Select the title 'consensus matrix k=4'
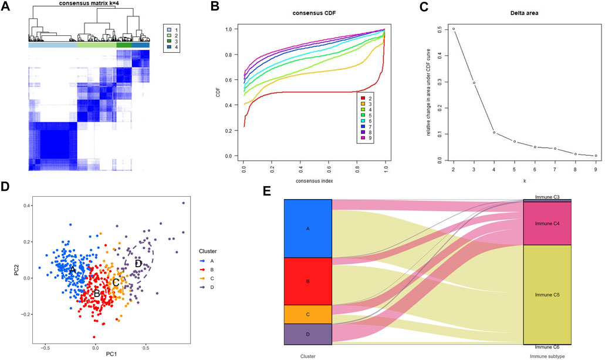pyautogui.click(x=89, y=5)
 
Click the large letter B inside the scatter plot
pyautogui.click(x=97, y=293)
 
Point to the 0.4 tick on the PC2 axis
pyautogui.click(x=28, y=206)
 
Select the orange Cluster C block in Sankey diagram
pyautogui.click(x=308, y=314)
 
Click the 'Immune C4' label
pyautogui.click(x=547, y=224)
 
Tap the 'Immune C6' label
pyautogui.click(x=547, y=347)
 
